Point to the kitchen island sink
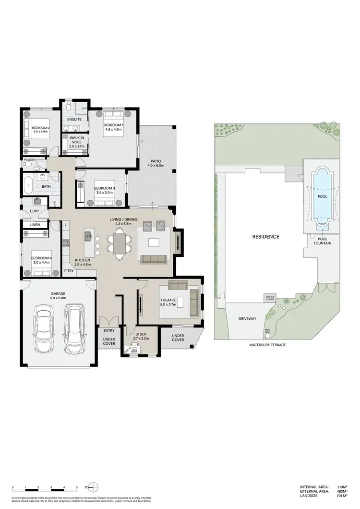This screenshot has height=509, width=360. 88,236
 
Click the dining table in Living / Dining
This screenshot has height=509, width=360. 120,242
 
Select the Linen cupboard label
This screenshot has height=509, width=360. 35,225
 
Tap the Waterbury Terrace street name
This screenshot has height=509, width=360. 267,345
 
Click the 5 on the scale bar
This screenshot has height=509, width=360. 76,488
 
